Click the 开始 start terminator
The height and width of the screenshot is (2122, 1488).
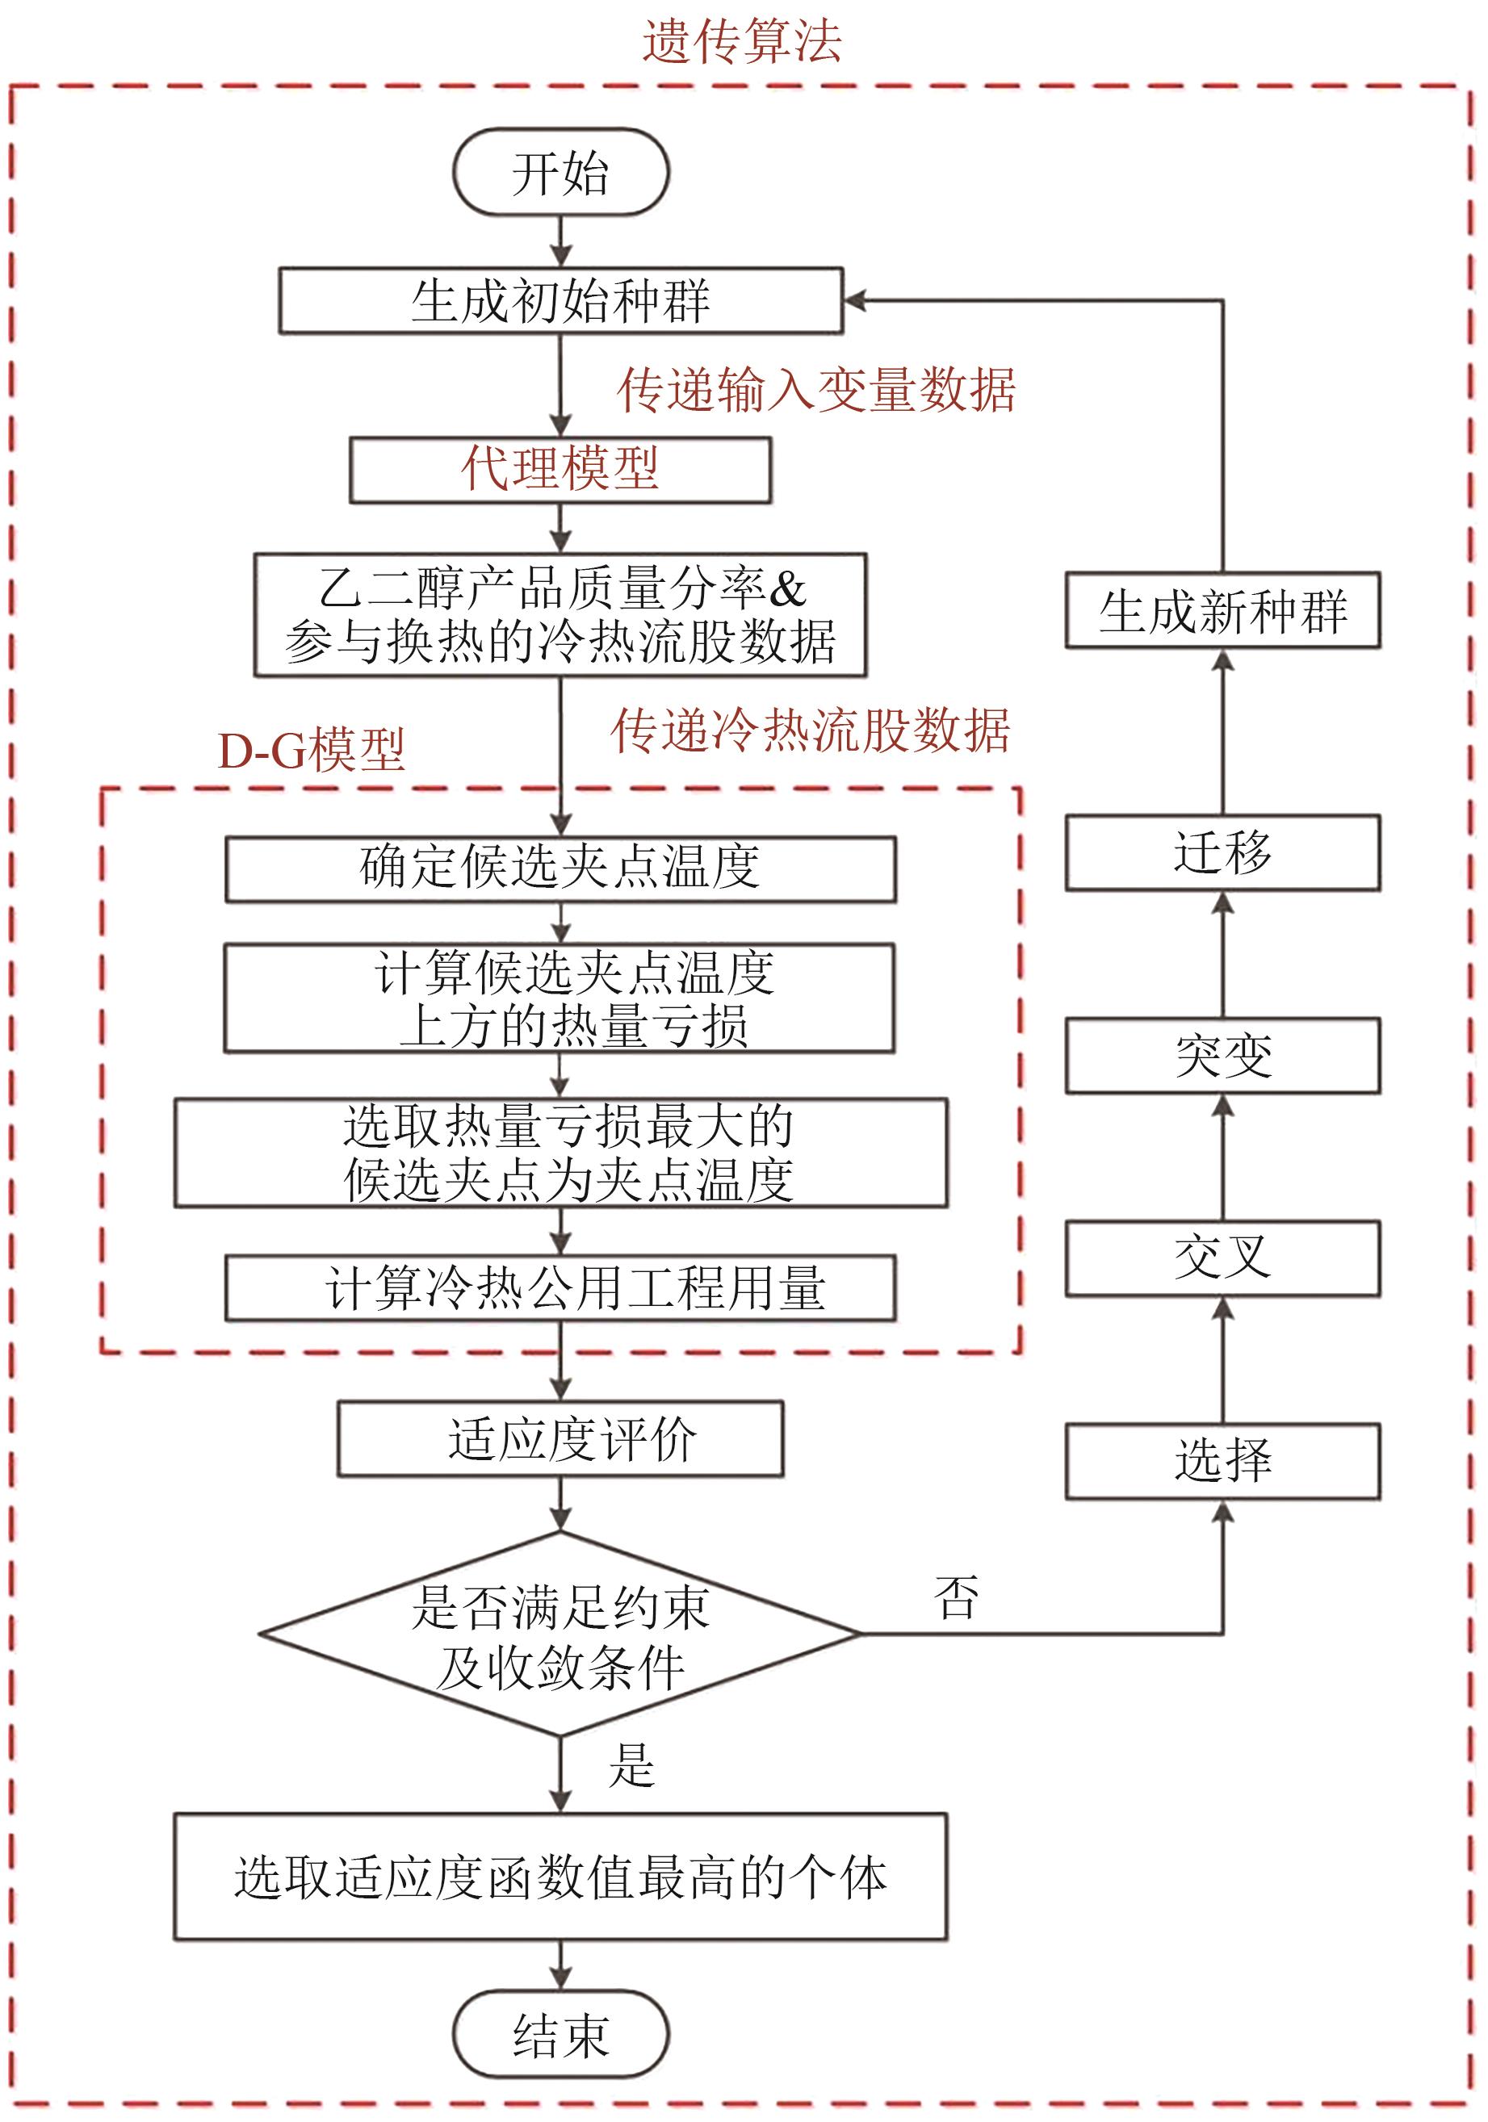pos(560,173)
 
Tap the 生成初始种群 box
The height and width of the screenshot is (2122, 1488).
pos(560,300)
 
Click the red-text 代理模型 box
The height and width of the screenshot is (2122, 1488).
pos(560,470)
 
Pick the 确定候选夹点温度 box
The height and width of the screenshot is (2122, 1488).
pos(560,868)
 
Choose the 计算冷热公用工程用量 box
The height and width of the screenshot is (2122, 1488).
pos(560,1287)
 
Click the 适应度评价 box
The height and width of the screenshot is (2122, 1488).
pos(560,1438)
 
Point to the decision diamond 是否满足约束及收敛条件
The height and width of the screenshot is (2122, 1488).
pos(560,1634)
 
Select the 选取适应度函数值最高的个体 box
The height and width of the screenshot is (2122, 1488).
pos(560,1877)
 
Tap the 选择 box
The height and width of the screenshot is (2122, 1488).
pos(1222,1461)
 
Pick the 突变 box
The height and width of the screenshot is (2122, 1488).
pos(1222,1056)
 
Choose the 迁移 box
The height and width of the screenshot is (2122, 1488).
pos(1222,852)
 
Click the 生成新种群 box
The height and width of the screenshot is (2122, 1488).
pos(1222,610)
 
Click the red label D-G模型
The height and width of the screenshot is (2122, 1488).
pos(311,750)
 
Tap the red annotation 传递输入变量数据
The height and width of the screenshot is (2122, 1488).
pos(816,389)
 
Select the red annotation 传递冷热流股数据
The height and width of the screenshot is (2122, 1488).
pos(811,731)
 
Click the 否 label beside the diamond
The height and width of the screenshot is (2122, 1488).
pos(956,1598)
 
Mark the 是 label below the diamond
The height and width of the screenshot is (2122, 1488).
pos(632,1764)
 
